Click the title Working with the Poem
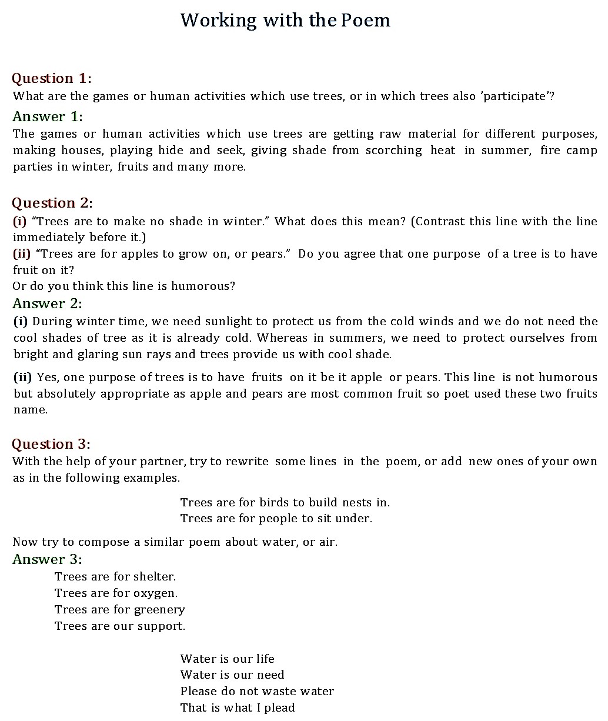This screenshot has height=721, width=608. click(285, 21)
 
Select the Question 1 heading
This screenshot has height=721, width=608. click(52, 78)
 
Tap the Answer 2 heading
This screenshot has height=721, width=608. click(47, 303)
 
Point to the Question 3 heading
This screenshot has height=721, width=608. click(51, 444)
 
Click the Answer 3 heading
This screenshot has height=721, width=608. click(47, 559)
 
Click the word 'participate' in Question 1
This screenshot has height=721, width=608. click(516, 96)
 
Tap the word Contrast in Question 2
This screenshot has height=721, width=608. click(439, 221)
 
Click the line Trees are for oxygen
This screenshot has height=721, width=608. click(116, 593)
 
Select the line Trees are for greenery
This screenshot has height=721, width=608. click(119, 609)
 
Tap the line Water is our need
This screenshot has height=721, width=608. click(232, 675)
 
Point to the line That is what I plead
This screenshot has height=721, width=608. click(238, 707)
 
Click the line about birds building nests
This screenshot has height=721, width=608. click(285, 502)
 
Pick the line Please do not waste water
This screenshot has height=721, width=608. click(257, 691)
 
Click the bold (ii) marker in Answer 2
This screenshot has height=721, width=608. click(22, 377)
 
